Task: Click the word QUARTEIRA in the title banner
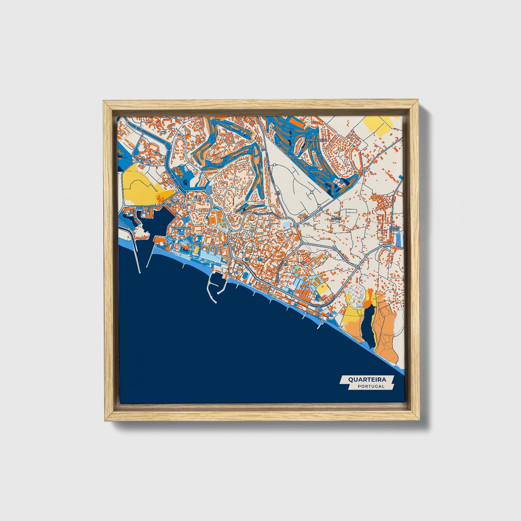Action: coord(367,379)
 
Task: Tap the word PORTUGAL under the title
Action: coord(371,386)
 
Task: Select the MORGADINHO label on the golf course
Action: coord(316,140)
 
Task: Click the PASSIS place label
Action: coord(336,218)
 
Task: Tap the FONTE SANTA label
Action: coord(395,229)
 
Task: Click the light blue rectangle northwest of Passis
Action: coord(286,225)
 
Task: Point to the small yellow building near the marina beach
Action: coord(196,250)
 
